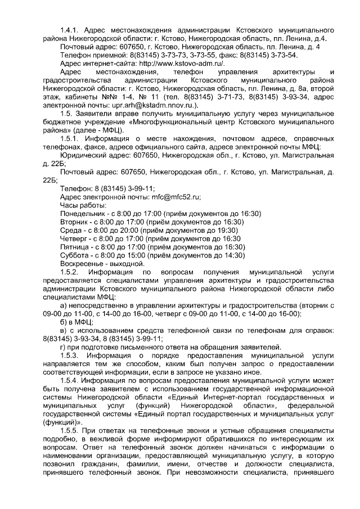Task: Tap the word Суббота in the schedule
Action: pyautogui.click(x=76, y=255)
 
